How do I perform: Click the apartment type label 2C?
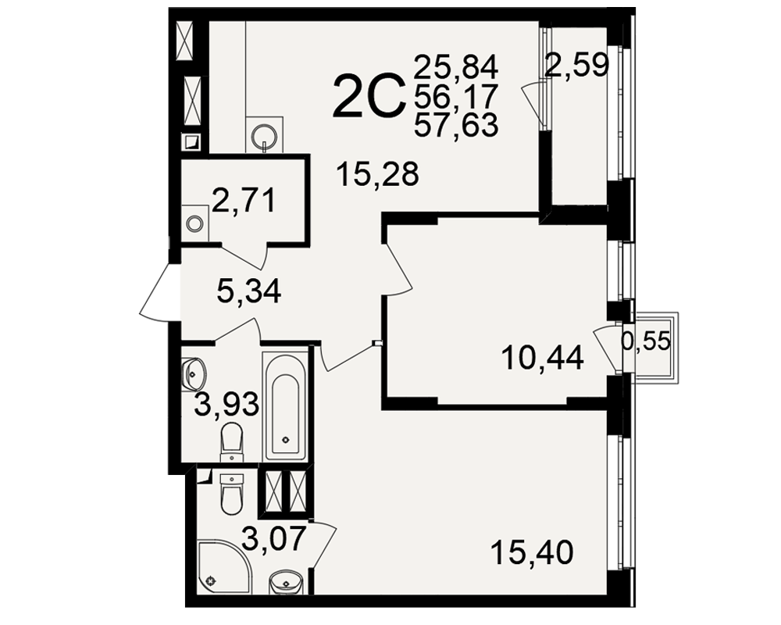368,96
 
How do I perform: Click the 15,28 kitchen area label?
377,174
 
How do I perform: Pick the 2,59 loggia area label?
577,65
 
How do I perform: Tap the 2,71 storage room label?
244,200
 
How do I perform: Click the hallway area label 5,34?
249,291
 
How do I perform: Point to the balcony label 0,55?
646,341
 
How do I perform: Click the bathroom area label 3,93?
226,404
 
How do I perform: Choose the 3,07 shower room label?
273,539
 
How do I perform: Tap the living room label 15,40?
532,552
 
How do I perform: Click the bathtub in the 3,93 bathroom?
285,407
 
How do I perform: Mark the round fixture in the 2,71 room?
194,223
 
